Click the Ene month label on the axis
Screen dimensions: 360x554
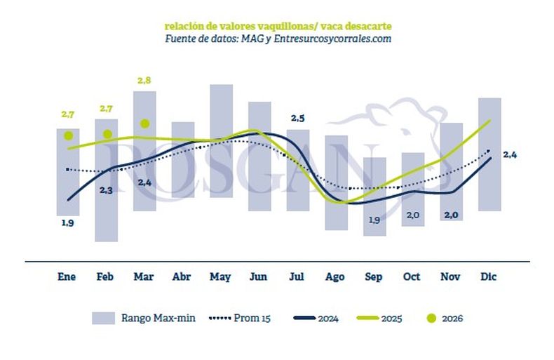[67, 277]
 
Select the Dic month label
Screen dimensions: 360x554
[489, 277]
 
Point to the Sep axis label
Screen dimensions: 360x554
[374, 277]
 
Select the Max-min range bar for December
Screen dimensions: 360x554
[489, 154]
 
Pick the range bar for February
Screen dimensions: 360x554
[107, 180]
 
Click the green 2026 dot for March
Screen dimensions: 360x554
[144, 124]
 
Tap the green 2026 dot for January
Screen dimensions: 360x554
[68, 135]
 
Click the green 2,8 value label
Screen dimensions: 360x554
[144, 81]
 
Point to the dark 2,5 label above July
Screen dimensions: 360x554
[297, 117]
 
